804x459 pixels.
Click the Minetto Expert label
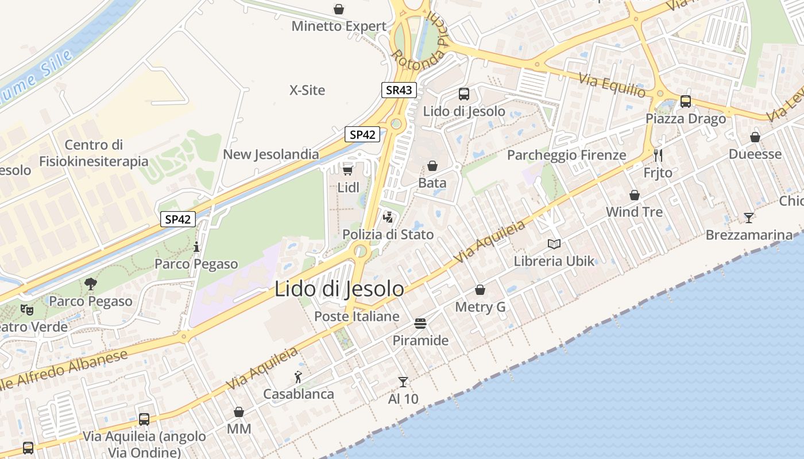pyautogui.click(x=339, y=26)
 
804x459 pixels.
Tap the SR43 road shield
pyautogui.click(x=399, y=90)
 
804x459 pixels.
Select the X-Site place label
pyautogui.click(x=307, y=90)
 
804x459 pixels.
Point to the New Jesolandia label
pyautogui.click(x=271, y=154)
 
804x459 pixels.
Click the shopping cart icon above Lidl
pyautogui.click(x=347, y=169)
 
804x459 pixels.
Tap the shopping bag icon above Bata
pyautogui.click(x=432, y=166)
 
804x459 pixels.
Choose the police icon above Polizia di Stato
pyautogui.click(x=388, y=217)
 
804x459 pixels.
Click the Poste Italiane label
pyautogui.click(x=357, y=316)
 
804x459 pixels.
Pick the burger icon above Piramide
pyautogui.click(x=420, y=324)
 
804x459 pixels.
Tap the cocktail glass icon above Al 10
pyautogui.click(x=403, y=382)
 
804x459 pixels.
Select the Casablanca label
pyautogui.click(x=299, y=394)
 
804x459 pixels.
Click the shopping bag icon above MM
pyautogui.click(x=239, y=412)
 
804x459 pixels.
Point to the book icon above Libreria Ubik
pyautogui.click(x=554, y=244)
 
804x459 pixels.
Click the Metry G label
pyautogui.click(x=480, y=307)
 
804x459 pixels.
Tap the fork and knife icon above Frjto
pyautogui.click(x=658, y=155)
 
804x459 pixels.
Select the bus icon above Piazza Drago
pyautogui.click(x=686, y=102)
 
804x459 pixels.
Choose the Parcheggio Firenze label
pyautogui.click(x=566, y=155)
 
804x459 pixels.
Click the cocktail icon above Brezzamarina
pyautogui.click(x=749, y=217)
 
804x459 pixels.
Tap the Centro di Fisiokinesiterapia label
pyautogui.click(x=94, y=153)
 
